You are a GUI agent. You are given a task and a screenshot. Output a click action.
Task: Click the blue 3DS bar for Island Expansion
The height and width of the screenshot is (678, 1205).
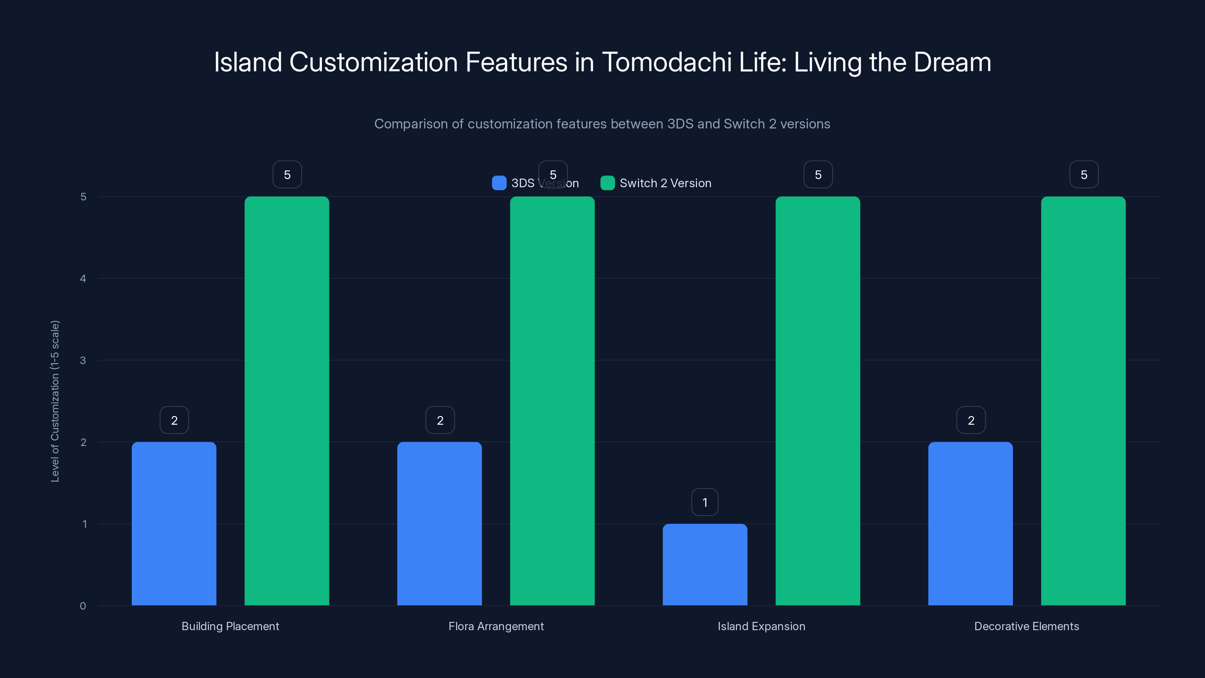click(705, 564)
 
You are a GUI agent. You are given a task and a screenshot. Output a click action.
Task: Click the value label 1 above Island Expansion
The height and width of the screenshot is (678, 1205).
click(705, 502)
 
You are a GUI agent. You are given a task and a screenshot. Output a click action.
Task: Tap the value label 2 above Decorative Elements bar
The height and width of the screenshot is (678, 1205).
click(971, 420)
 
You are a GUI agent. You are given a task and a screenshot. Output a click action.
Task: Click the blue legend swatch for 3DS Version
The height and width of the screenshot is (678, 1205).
click(499, 183)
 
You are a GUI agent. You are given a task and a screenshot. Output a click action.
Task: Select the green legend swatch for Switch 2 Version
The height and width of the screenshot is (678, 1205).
click(607, 183)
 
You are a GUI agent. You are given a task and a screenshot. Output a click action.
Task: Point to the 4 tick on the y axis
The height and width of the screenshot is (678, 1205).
click(83, 279)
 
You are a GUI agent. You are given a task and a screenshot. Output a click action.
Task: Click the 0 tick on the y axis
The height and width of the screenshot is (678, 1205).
click(83, 606)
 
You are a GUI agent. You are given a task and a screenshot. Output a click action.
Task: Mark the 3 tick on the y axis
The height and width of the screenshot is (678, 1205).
click(83, 360)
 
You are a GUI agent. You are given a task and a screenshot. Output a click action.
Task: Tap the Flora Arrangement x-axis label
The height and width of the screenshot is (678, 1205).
click(496, 626)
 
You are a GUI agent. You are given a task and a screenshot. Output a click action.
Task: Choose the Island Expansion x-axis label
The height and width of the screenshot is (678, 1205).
click(761, 626)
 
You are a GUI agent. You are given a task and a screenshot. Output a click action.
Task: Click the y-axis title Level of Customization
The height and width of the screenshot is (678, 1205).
click(55, 401)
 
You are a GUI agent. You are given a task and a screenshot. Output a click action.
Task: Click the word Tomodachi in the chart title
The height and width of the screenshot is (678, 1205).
click(667, 62)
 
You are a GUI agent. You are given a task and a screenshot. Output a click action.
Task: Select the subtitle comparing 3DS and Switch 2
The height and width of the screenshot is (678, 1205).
click(602, 124)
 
